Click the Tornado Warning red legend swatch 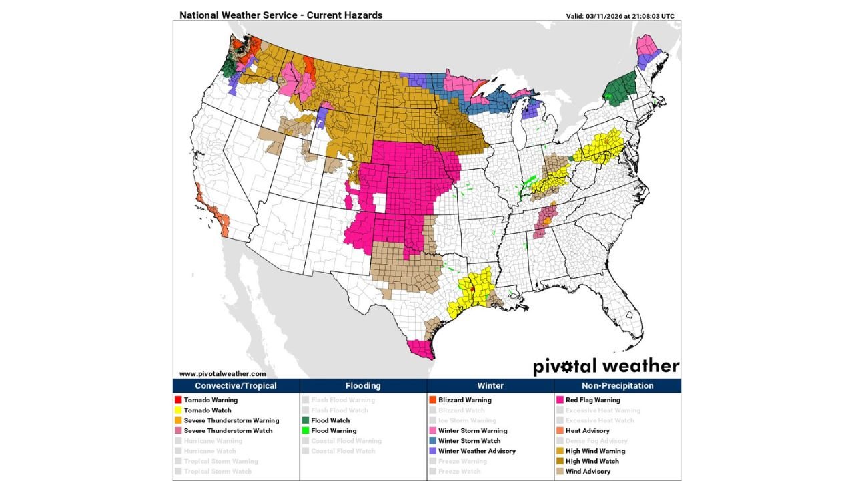179,400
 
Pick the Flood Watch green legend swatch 306,420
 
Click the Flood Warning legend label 334,431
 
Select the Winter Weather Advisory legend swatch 432,451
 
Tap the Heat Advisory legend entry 587,431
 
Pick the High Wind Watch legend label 591,461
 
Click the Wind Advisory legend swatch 560,472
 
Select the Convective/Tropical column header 236,386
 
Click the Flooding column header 363,386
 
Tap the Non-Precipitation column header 617,386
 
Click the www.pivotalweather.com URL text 222,374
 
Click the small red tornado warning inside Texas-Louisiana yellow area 472,290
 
